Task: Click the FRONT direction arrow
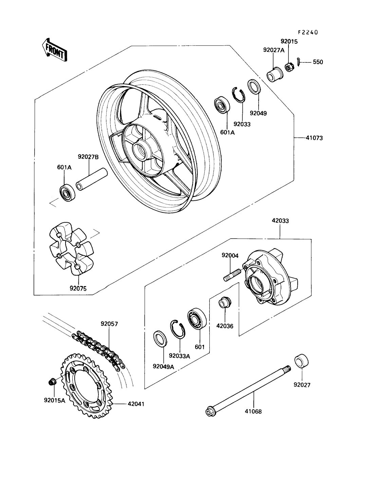[x=55, y=50]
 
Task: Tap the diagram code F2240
[x=308, y=32]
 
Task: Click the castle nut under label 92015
[x=289, y=67]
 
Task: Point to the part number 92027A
[x=274, y=50]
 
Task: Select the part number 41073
[x=314, y=138]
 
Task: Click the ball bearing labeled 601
[x=197, y=318]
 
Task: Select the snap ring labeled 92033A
[x=178, y=329]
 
